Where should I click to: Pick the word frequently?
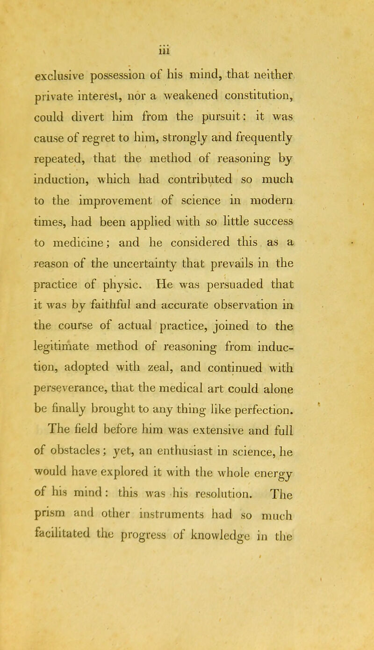click(x=278, y=146)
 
